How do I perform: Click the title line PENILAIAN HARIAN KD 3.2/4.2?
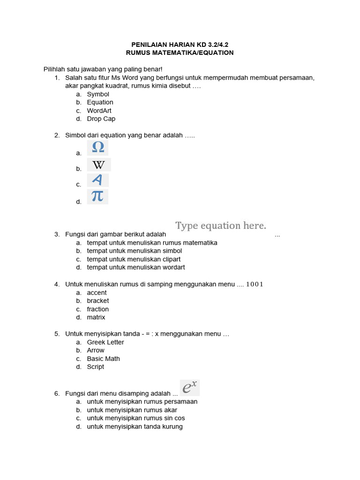coord(180,45)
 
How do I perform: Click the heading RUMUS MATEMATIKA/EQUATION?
coord(180,53)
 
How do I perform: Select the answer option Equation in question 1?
coord(100,102)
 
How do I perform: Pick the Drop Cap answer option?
coord(101,119)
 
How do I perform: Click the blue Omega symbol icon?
coord(98,148)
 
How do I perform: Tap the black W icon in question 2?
coord(98,165)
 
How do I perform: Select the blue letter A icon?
coord(97,180)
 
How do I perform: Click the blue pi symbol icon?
coord(97,196)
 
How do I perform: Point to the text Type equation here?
coord(221,226)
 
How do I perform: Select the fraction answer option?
coord(97,309)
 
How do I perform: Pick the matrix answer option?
coord(96,317)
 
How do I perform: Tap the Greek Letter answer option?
coord(105,342)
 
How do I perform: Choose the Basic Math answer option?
coord(103,359)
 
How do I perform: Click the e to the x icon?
coord(190,388)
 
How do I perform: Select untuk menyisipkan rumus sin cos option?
coord(136,418)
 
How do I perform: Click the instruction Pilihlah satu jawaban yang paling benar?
coord(103,69)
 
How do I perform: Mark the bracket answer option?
coord(97,301)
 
